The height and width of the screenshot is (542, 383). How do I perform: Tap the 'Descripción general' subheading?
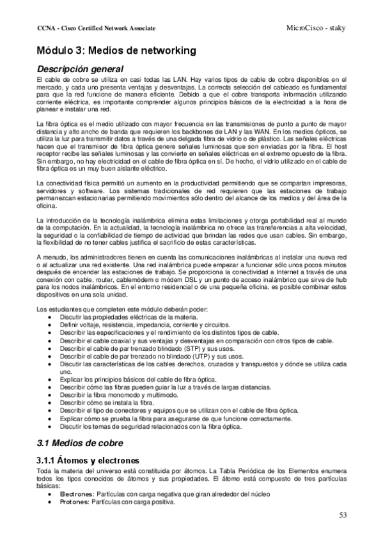tap(79, 68)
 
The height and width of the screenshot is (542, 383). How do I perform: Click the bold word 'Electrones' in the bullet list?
tap(75, 495)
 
